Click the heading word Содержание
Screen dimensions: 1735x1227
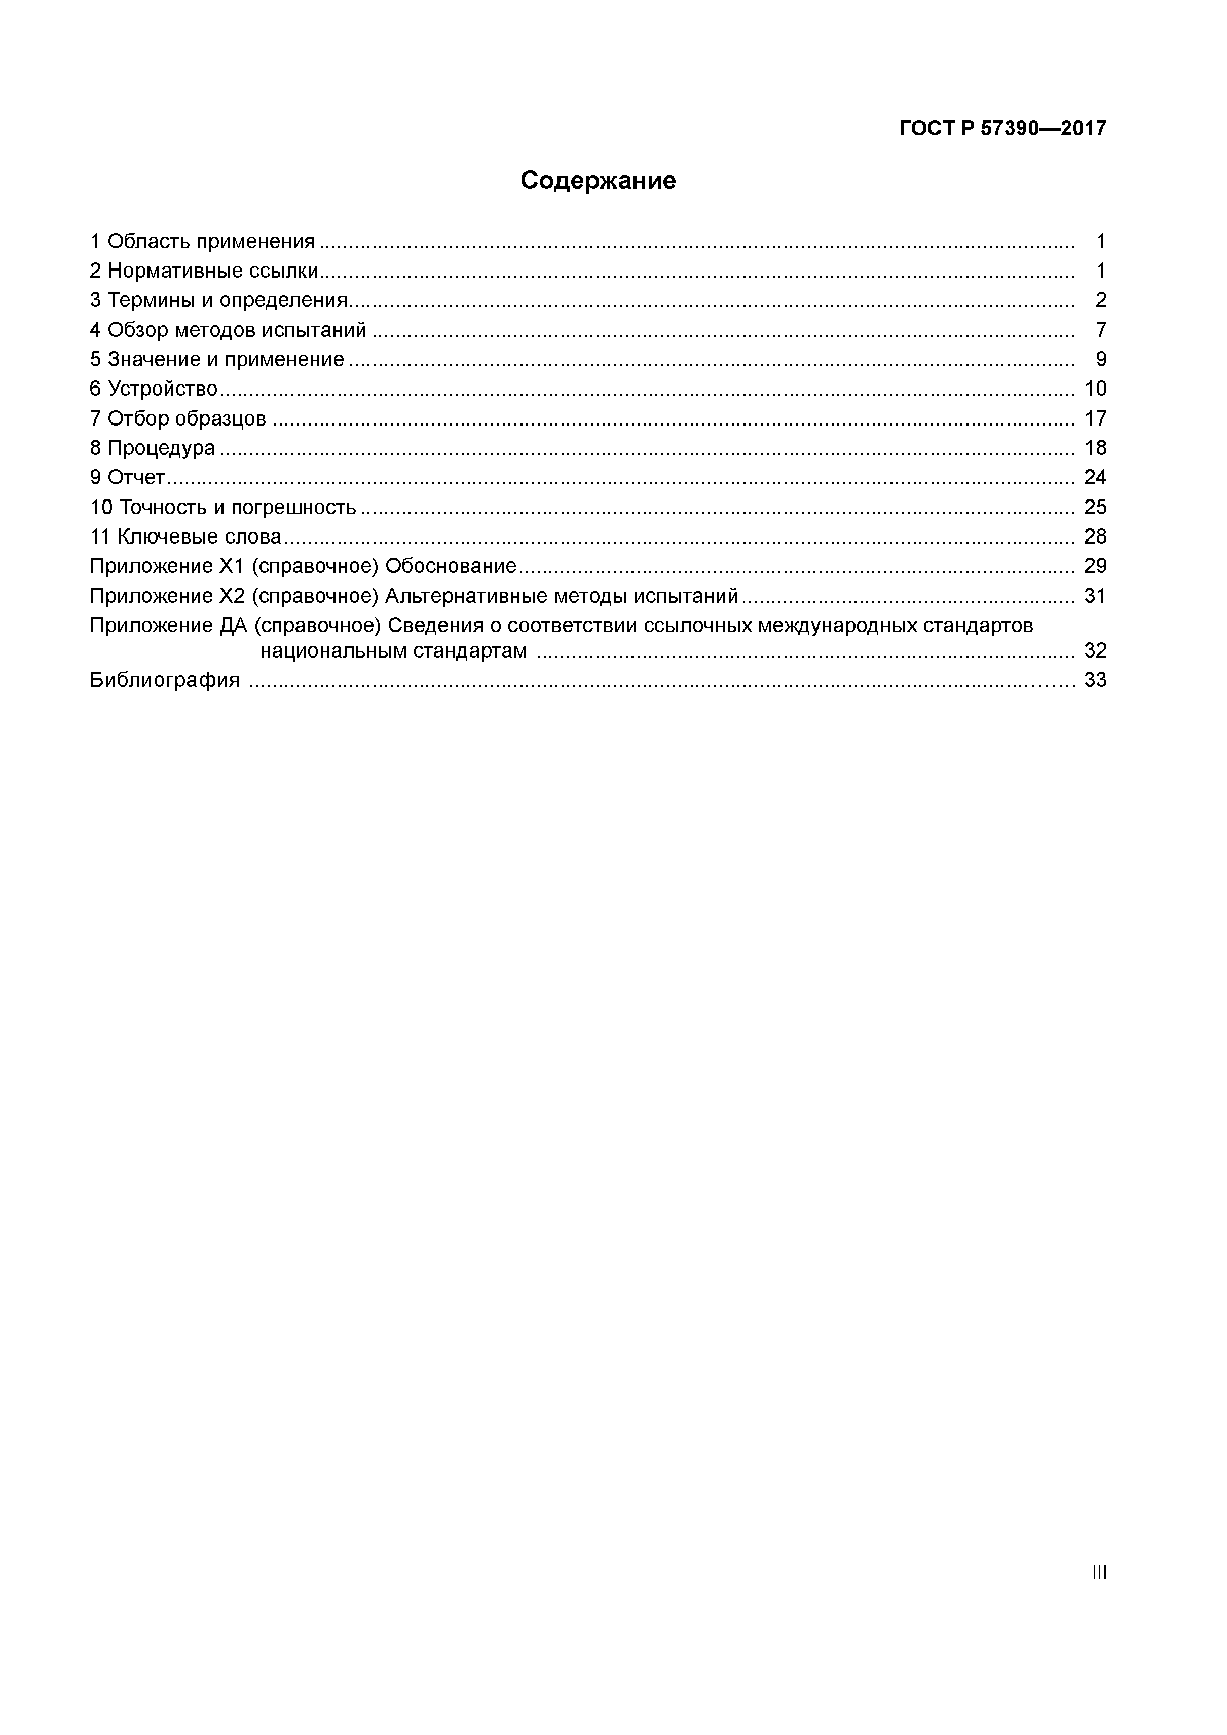click(x=597, y=181)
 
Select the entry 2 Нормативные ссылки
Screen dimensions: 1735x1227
click(x=203, y=272)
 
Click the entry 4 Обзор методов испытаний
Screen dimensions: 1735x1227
click(x=228, y=330)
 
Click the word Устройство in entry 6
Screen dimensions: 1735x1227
click(x=163, y=389)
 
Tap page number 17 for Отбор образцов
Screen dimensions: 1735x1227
click(x=1095, y=418)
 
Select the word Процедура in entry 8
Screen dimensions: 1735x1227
click(x=161, y=448)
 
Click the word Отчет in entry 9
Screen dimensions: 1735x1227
click(x=136, y=478)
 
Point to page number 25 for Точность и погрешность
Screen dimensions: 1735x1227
click(x=1095, y=507)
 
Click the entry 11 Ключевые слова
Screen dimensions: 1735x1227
click(x=185, y=536)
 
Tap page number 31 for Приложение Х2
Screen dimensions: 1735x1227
click(x=1095, y=596)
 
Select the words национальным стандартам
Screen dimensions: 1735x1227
click(x=393, y=650)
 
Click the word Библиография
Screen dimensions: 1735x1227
click(x=165, y=680)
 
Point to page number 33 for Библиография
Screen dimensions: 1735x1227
click(x=1095, y=680)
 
